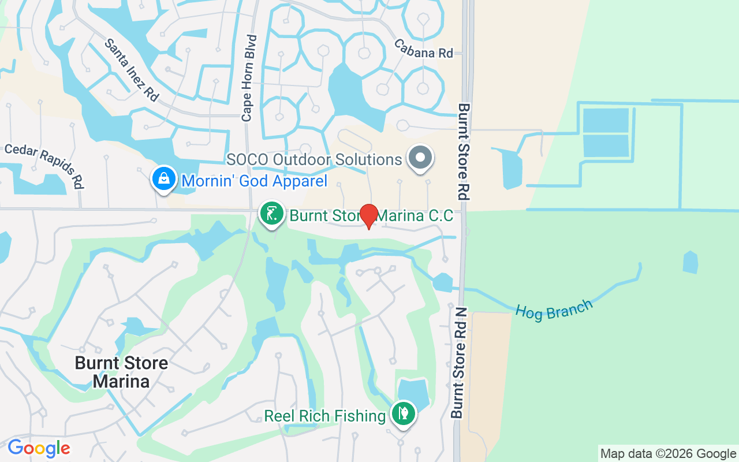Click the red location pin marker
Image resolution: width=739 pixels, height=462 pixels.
click(x=368, y=216)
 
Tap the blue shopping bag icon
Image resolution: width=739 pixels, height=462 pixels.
click(x=165, y=180)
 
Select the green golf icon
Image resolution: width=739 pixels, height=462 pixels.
click(x=271, y=214)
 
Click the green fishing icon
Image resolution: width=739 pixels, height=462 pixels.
click(x=403, y=414)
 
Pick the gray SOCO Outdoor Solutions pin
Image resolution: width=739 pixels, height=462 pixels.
click(x=420, y=158)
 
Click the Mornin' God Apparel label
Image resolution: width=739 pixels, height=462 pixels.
click(x=254, y=181)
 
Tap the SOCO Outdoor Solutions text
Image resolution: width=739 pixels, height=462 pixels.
click(x=313, y=159)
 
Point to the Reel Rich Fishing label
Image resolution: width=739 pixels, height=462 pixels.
click(x=324, y=416)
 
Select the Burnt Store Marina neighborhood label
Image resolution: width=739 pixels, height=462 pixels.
click(x=122, y=372)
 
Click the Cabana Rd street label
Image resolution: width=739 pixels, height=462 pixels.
click(x=424, y=48)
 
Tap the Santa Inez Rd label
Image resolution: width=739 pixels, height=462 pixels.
click(x=131, y=70)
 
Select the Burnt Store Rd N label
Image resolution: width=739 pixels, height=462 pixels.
click(x=459, y=363)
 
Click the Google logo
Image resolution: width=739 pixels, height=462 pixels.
click(x=39, y=448)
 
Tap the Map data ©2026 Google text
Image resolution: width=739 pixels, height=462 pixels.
click(x=667, y=454)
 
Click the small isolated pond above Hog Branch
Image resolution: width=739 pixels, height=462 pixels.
click(x=691, y=262)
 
